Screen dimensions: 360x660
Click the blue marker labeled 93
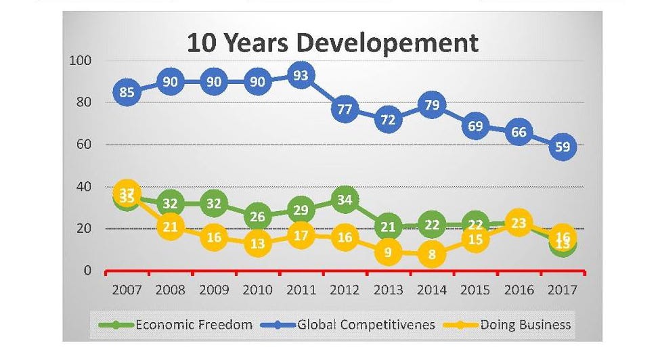point(301,75)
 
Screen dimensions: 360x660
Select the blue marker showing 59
point(563,146)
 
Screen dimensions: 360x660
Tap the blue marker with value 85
point(127,92)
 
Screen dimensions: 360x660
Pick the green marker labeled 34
point(344,200)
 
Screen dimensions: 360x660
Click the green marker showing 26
point(257,217)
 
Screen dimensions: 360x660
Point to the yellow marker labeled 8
point(431,254)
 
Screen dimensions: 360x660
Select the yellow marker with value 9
point(388,252)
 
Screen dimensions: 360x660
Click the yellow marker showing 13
point(257,244)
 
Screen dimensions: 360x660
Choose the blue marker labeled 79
point(431,104)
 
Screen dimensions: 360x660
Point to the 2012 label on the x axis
point(345,290)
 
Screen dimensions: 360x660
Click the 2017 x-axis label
point(563,290)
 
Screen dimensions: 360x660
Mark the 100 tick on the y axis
point(81,61)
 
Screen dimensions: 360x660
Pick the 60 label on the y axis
point(84,145)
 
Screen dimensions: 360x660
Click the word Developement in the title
point(389,43)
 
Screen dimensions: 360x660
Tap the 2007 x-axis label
point(127,290)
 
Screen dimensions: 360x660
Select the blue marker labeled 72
point(388,119)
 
